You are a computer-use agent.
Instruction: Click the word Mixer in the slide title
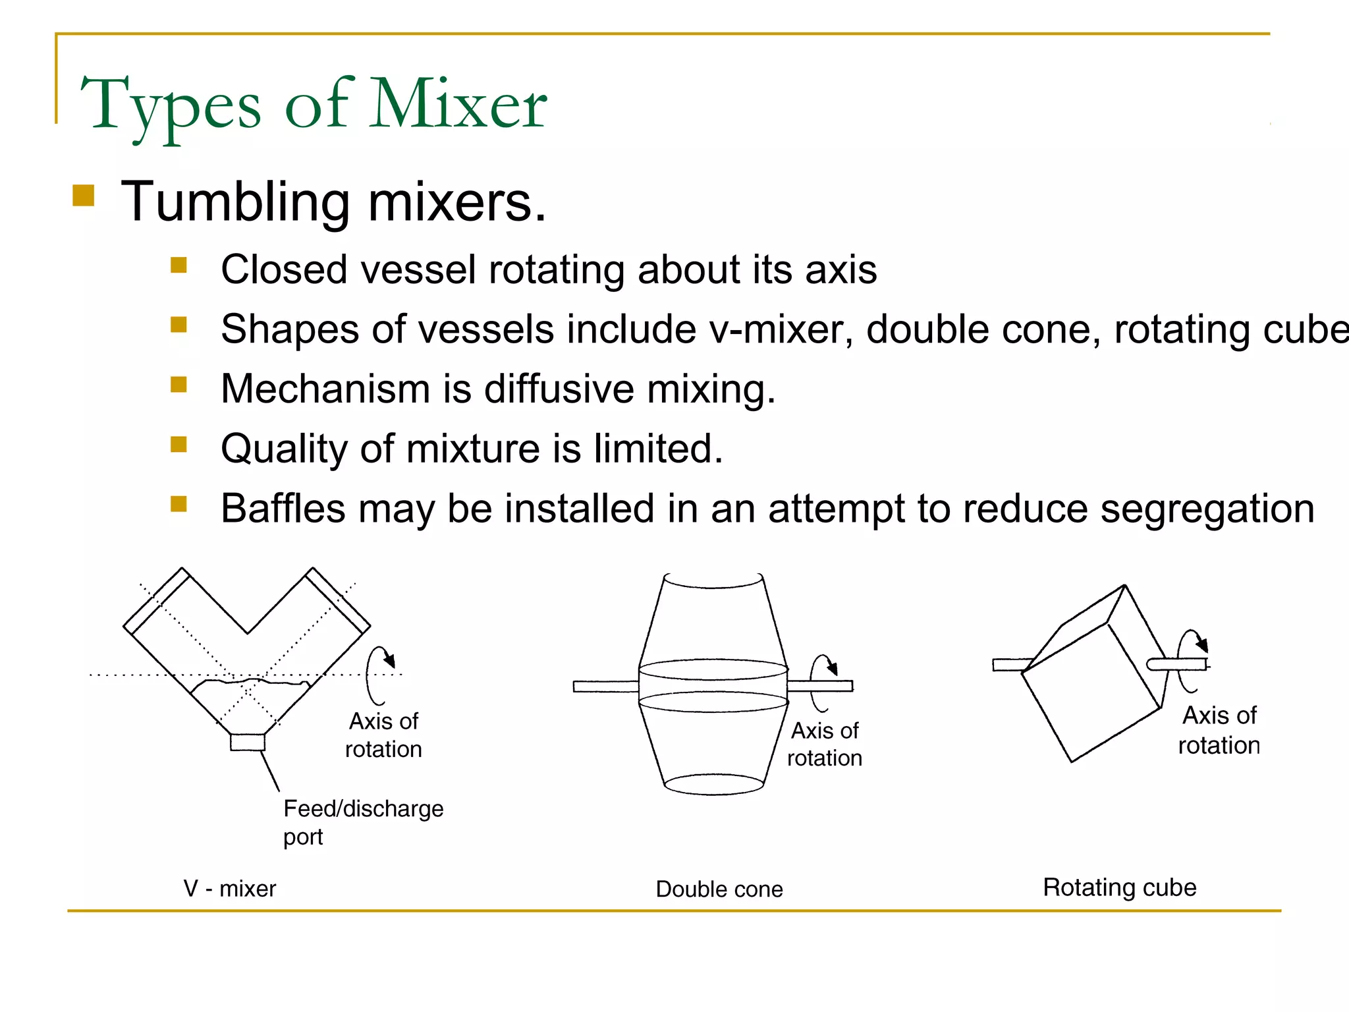(458, 104)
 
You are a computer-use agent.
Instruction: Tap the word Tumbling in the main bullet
(235, 202)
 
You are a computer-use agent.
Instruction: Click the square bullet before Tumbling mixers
(84, 196)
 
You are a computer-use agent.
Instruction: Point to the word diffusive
(559, 389)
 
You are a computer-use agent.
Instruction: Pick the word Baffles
(283, 509)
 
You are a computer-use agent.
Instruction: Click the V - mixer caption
(229, 889)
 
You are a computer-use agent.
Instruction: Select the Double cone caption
(719, 889)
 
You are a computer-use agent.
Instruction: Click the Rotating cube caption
(1120, 887)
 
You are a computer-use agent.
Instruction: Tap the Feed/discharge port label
(363, 822)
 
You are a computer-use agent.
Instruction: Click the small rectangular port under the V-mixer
(248, 743)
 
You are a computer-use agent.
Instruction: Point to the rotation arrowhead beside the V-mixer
(390, 661)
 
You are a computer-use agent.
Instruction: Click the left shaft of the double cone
(605, 687)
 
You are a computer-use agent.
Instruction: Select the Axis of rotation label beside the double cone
(825, 745)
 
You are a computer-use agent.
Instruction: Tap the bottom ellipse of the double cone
(714, 785)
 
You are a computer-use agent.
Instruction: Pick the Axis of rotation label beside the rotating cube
(1219, 730)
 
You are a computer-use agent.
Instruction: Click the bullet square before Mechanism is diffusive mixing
(179, 384)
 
